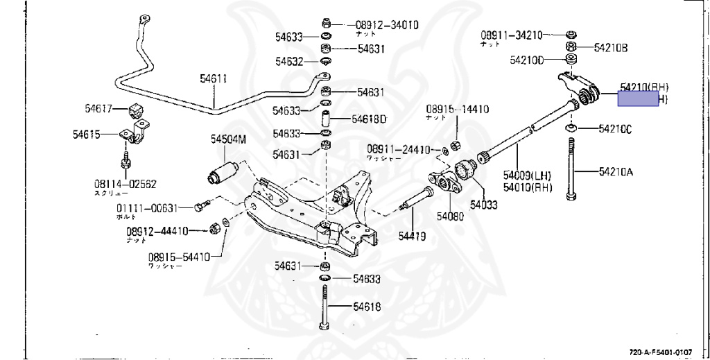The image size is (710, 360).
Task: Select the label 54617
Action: (x=99, y=108)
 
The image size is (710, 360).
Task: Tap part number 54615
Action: (x=87, y=134)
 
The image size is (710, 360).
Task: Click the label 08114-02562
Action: (x=125, y=184)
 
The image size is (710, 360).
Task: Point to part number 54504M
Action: (x=229, y=139)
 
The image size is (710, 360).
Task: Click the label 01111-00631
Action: (x=147, y=207)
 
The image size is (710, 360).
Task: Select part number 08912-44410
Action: (x=157, y=231)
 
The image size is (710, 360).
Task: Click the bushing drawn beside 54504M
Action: (x=223, y=171)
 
